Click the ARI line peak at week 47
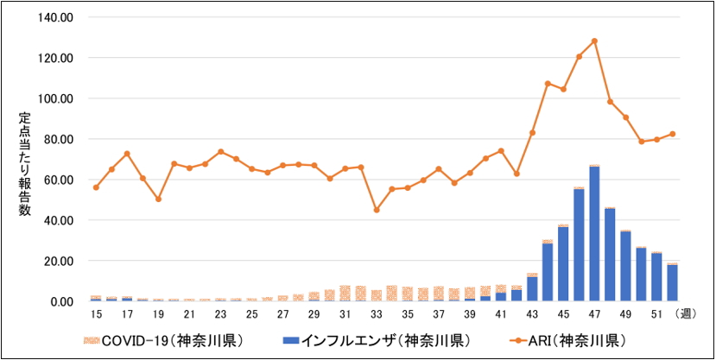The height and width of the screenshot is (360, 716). click(x=594, y=41)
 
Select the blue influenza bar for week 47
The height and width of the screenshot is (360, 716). click(x=594, y=233)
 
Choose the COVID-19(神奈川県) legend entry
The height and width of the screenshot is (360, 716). click(x=148, y=339)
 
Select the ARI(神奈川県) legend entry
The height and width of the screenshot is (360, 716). click(x=571, y=339)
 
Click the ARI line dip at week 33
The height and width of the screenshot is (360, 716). click(x=376, y=210)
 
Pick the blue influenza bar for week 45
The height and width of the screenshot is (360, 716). click(x=563, y=263)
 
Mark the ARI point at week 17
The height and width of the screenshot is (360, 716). click(x=127, y=154)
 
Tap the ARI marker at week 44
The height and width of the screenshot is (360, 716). click(x=548, y=84)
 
